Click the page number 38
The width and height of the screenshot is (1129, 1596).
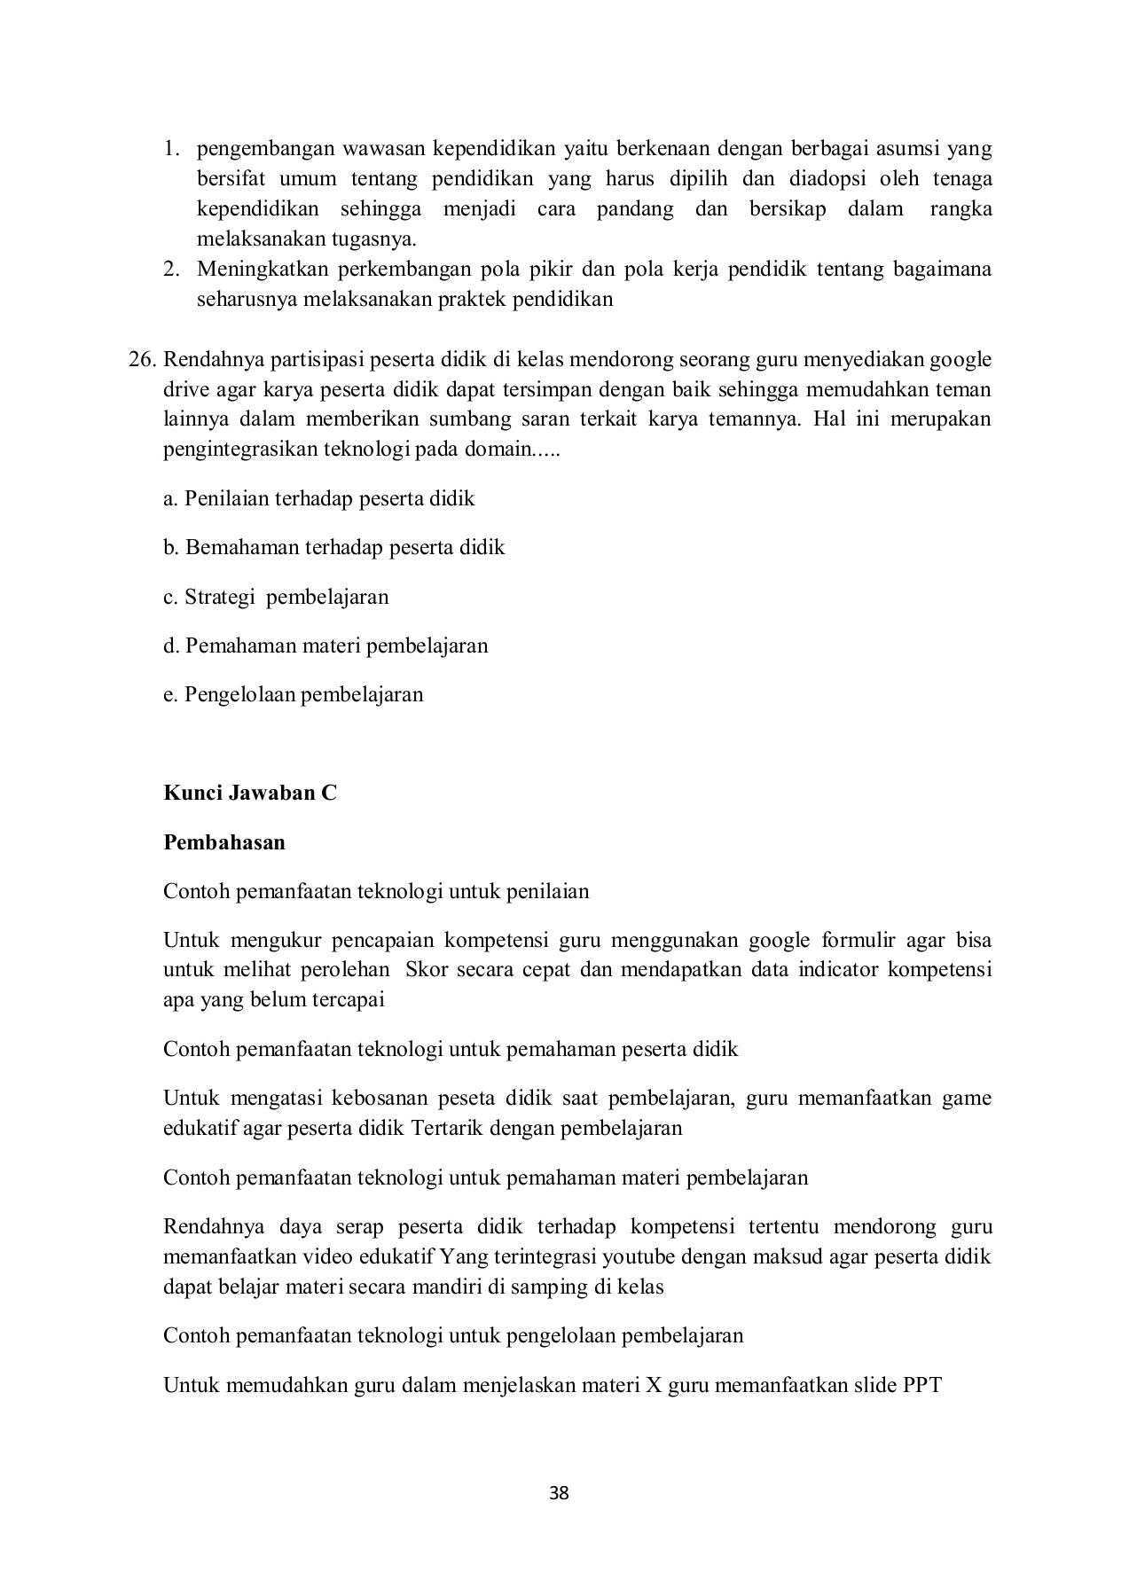point(559,1493)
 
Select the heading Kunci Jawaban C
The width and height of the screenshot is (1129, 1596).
point(250,793)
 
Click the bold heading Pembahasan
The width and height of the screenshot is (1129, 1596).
point(224,842)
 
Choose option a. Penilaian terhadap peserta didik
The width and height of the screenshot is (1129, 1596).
point(319,498)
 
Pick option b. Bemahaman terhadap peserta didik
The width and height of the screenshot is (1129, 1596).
point(334,547)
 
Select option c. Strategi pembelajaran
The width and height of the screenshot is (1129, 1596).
point(276,597)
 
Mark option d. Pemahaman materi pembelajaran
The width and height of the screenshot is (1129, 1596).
point(325,645)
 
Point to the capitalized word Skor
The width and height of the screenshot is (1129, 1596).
point(427,969)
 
